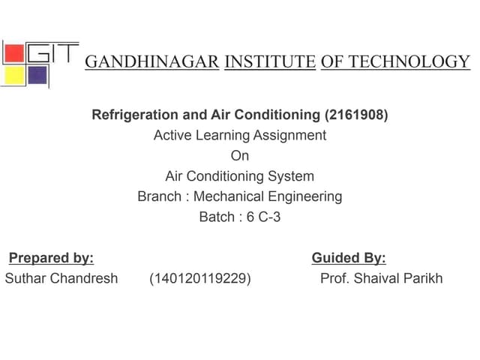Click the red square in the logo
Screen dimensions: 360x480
click(x=14, y=53)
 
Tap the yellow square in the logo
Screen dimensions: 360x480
click(x=13, y=75)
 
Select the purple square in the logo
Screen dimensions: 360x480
click(x=37, y=74)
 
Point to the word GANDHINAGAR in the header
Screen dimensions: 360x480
click(x=151, y=61)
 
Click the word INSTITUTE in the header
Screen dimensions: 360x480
click(x=270, y=61)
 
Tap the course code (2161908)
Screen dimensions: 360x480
click(x=356, y=115)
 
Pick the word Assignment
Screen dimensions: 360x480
click(x=289, y=136)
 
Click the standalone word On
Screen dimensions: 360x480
click(x=239, y=156)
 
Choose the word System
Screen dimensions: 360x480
click(x=289, y=177)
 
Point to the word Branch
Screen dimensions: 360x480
click(x=159, y=197)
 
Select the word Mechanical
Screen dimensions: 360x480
click(x=227, y=197)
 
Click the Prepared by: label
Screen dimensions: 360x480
click(x=51, y=259)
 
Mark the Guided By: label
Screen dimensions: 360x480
click(x=349, y=259)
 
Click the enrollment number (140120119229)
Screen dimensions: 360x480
click(x=200, y=279)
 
